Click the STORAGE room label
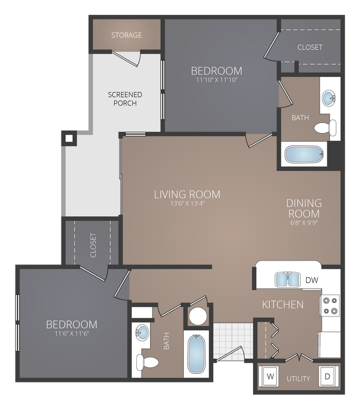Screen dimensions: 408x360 tap(126, 35)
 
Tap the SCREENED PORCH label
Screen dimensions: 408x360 tap(125, 99)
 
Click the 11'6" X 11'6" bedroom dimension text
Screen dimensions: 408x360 tap(71, 334)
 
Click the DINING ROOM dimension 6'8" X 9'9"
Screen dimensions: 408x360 tap(304, 223)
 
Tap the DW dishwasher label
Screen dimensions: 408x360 tap(312, 280)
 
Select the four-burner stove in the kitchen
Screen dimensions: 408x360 tap(330, 305)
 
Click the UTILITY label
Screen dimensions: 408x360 tap(298, 379)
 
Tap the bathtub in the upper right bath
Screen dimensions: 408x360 tap(304, 154)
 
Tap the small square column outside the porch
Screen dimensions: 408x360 tap(69, 138)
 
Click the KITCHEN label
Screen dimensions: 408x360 tap(282, 304)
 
